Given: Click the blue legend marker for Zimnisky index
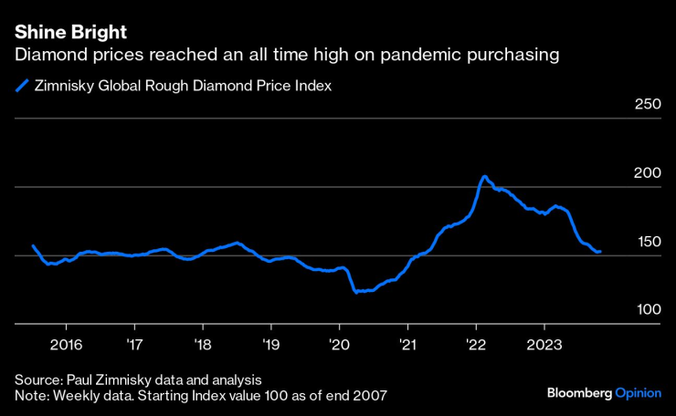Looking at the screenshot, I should pyautogui.click(x=20, y=88).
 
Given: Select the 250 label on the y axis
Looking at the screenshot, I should pyautogui.click(x=647, y=105).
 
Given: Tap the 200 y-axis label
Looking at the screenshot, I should pyautogui.click(x=647, y=173).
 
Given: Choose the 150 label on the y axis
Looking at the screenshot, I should pyautogui.click(x=647, y=242).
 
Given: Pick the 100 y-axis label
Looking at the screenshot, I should pyautogui.click(x=647, y=310).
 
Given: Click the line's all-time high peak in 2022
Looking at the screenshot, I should pyautogui.click(x=484, y=177).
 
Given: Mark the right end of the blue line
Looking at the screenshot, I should pyautogui.click(x=600, y=251).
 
